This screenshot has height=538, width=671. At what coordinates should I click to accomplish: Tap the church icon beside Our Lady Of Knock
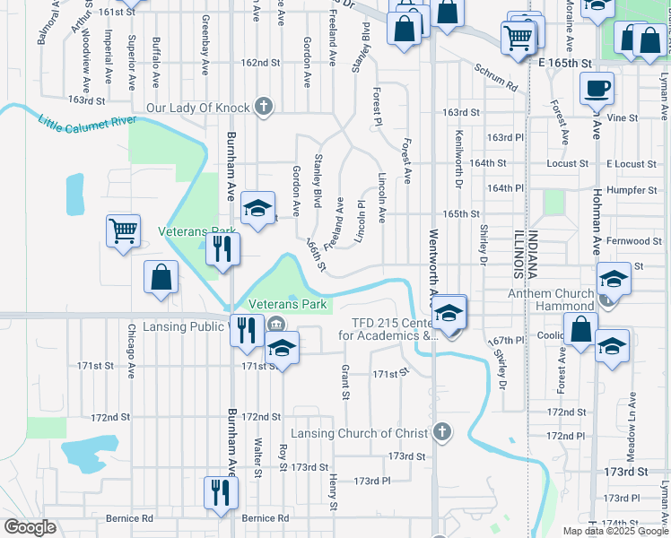pos(263,108)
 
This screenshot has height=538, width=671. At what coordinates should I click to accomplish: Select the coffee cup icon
pos(597,89)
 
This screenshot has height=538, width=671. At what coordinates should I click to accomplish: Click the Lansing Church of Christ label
pos(368,433)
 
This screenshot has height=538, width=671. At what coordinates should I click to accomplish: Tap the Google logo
pos(30,527)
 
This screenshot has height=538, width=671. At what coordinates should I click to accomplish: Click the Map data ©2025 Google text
pos(615,531)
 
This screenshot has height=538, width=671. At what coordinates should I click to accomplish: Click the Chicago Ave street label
pos(131,352)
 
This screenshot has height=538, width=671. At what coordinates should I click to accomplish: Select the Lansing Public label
pos(181,326)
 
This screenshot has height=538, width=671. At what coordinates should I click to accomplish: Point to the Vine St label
pos(647,117)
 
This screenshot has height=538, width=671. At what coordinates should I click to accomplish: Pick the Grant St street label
pos(344,382)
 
